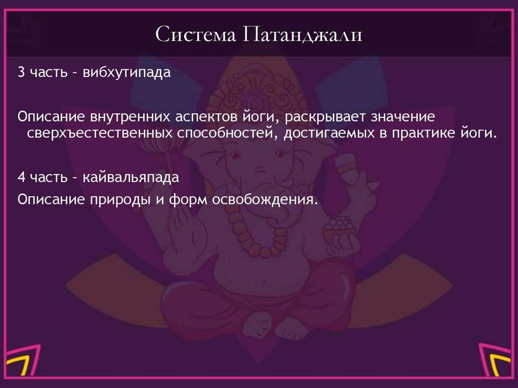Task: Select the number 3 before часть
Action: tap(20, 72)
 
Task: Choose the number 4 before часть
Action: tap(20, 179)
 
